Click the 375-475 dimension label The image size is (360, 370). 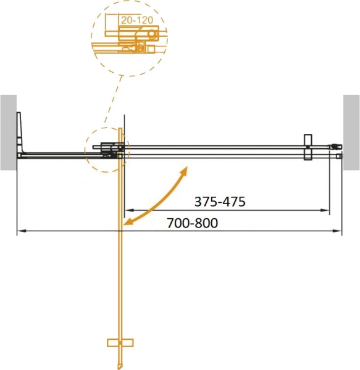click(x=220, y=201)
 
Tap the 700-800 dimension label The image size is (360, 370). click(x=192, y=223)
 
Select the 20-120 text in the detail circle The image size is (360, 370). click(x=137, y=19)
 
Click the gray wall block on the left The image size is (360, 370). click(x=7, y=132)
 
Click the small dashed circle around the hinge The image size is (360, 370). click(x=105, y=149)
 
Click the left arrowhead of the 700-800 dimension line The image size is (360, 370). click(x=19, y=232)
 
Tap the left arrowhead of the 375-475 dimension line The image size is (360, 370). click(x=128, y=211)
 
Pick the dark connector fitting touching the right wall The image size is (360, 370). click(x=335, y=147)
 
